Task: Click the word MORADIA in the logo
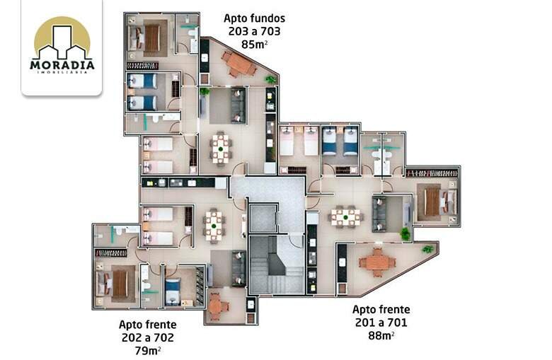click(62, 65)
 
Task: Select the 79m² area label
click(148, 351)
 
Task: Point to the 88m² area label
click(381, 336)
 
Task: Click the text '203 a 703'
click(255, 31)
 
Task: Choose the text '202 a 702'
click(148, 337)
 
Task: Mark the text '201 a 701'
click(381, 323)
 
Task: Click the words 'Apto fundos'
click(255, 18)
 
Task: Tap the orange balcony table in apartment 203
click(238, 64)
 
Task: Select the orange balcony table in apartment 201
click(377, 262)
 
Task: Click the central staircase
click(276, 265)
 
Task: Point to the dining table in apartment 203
click(221, 149)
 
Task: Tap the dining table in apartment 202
click(214, 226)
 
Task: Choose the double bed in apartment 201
click(437, 202)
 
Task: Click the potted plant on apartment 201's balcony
click(427, 249)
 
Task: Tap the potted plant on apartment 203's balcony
click(271, 79)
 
